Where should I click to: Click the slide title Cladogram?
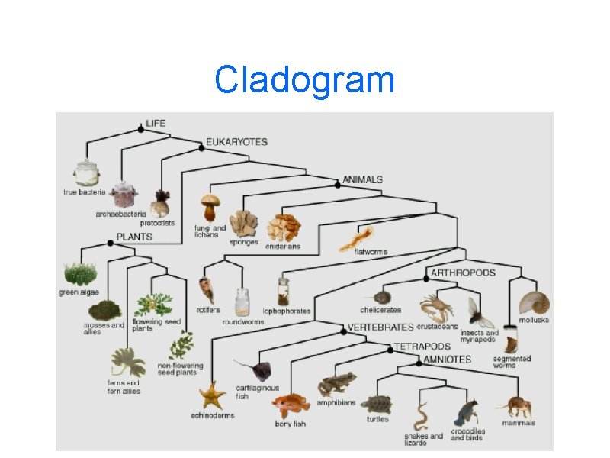(x=304, y=80)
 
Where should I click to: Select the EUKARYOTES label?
(x=236, y=142)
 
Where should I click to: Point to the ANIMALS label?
(x=362, y=180)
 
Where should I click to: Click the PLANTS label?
(x=134, y=237)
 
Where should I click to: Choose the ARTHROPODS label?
(x=463, y=273)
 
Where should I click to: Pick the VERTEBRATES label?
(x=380, y=327)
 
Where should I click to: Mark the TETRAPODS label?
(x=418, y=347)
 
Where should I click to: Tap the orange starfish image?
(x=212, y=395)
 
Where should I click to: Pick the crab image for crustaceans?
(x=436, y=307)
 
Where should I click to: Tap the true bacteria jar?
(x=86, y=174)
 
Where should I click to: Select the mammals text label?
(x=518, y=423)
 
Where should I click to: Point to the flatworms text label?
(x=371, y=252)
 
